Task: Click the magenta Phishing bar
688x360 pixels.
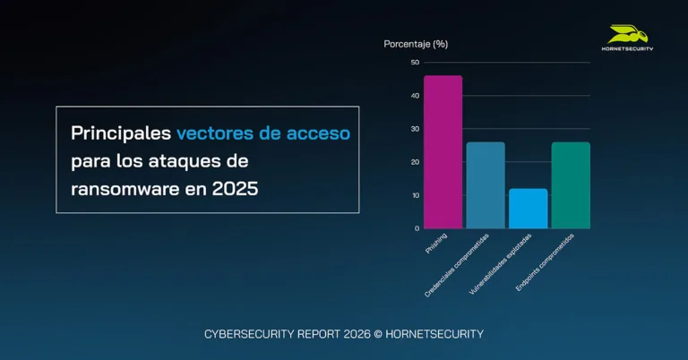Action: (x=443, y=152)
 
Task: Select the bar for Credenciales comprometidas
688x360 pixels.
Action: (x=486, y=185)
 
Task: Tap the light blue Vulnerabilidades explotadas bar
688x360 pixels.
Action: (x=528, y=209)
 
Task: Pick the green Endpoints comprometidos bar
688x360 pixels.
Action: (x=571, y=185)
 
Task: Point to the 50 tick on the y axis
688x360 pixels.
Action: (x=414, y=62)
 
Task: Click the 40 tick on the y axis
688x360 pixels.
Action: (x=414, y=95)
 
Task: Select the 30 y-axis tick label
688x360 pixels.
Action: (x=414, y=129)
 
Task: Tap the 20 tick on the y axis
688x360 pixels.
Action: (x=414, y=162)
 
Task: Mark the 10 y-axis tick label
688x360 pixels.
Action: (x=414, y=195)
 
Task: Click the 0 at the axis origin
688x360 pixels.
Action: (x=416, y=228)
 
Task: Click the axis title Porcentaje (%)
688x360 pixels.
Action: (x=416, y=43)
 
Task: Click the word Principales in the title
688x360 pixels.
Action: (x=120, y=133)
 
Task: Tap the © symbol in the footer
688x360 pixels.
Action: (x=378, y=334)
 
